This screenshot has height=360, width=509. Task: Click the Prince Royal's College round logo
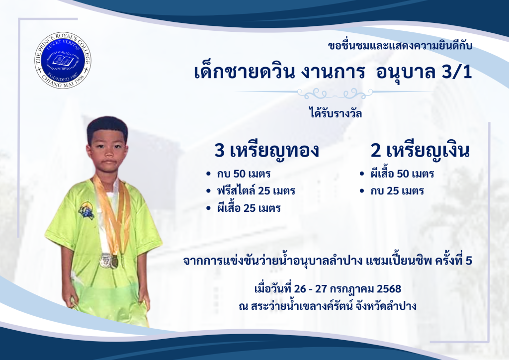[x=63, y=60]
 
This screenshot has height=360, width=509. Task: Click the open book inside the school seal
[x=63, y=60]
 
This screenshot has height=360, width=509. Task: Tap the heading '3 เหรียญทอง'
[x=267, y=151]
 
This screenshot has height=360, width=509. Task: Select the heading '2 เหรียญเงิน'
[x=420, y=151]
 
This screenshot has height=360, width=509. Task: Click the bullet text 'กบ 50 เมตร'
[x=244, y=174]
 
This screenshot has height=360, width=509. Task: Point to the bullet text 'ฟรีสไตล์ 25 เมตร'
[x=256, y=190]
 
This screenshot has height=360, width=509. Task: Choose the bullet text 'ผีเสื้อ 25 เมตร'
[x=249, y=207]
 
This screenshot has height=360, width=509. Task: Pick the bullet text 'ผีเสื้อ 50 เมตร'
[x=402, y=173]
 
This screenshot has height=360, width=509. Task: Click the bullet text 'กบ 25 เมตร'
[x=397, y=190]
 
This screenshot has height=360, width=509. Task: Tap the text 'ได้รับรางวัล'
[x=336, y=113]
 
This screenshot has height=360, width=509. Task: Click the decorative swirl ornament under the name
[x=335, y=94]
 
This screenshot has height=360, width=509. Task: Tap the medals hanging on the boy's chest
[x=109, y=261]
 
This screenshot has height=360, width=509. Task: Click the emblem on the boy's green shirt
[x=86, y=210]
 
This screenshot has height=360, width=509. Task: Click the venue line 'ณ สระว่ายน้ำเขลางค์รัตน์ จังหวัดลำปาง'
[x=328, y=305]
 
